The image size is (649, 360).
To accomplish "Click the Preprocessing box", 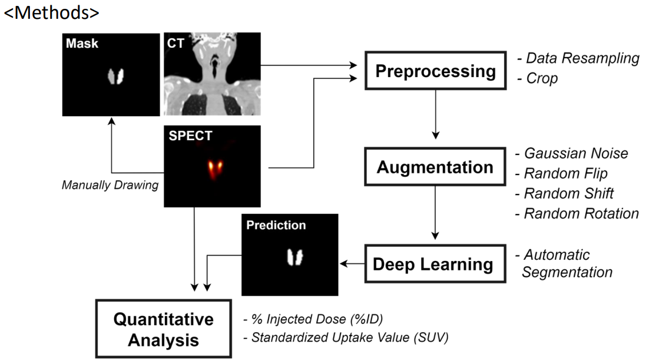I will tap(436, 72).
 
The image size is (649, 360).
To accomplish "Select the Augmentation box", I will tap(435, 167).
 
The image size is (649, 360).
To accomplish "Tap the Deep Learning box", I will tap(433, 264).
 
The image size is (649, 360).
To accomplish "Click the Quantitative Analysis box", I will tap(163, 329).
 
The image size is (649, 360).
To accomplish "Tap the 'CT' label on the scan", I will tap(175, 43).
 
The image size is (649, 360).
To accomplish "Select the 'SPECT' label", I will tap(190, 136).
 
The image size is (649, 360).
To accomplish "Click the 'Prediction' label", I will tap(276, 225).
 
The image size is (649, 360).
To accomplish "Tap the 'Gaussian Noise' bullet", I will tap(575, 154).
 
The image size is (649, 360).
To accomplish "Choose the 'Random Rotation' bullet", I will tap(581, 214).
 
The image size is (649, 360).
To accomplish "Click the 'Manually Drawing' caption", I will tap(110, 185).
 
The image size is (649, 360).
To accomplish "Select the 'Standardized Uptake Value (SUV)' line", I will tap(349, 338).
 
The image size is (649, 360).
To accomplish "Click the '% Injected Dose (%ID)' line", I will tap(317, 319).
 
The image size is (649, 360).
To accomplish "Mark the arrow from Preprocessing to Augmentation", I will tap(435, 112).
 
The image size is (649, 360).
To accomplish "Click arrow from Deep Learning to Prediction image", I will tap(353, 265).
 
